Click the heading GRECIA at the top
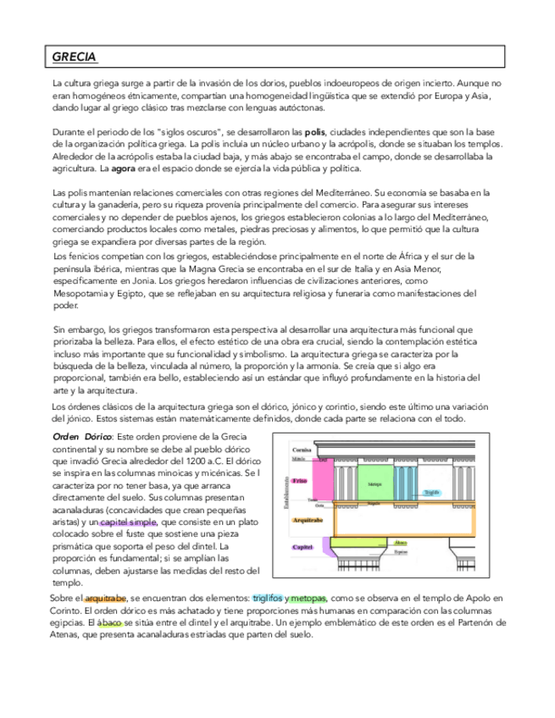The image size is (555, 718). [75, 58]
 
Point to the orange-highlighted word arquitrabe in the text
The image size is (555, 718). [105, 598]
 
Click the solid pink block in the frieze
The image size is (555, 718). [324, 480]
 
